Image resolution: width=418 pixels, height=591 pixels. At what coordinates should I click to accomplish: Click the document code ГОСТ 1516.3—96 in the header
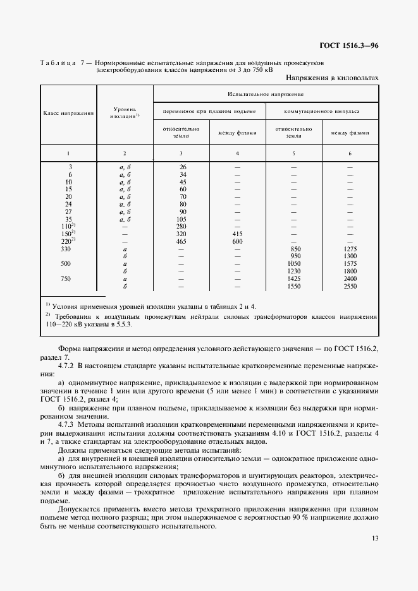tap(350, 45)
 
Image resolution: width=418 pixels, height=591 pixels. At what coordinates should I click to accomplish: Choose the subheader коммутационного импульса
tap(323, 110)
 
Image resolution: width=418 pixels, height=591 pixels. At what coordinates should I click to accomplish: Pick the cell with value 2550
tap(350, 286)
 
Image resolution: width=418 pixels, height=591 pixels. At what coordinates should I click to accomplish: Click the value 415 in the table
tap(237, 233)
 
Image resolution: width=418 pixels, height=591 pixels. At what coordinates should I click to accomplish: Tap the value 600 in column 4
tap(237, 241)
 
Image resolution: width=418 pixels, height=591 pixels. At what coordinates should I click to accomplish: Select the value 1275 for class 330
tap(350, 248)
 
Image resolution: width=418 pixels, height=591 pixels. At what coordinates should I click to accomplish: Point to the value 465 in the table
tap(182, 241)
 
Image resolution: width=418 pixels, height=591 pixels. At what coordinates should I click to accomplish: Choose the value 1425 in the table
tap(293, 278)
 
